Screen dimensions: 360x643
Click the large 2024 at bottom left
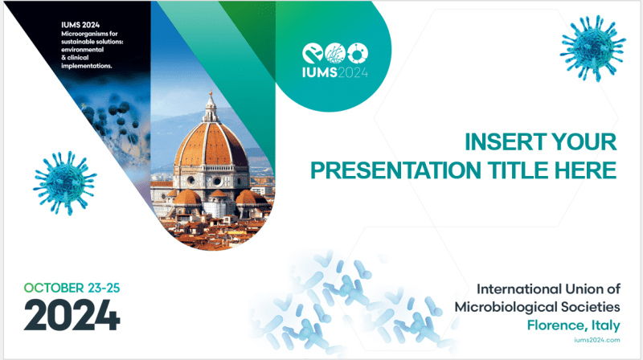72,314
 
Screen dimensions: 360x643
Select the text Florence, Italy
572,325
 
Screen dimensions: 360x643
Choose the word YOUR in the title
586,143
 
